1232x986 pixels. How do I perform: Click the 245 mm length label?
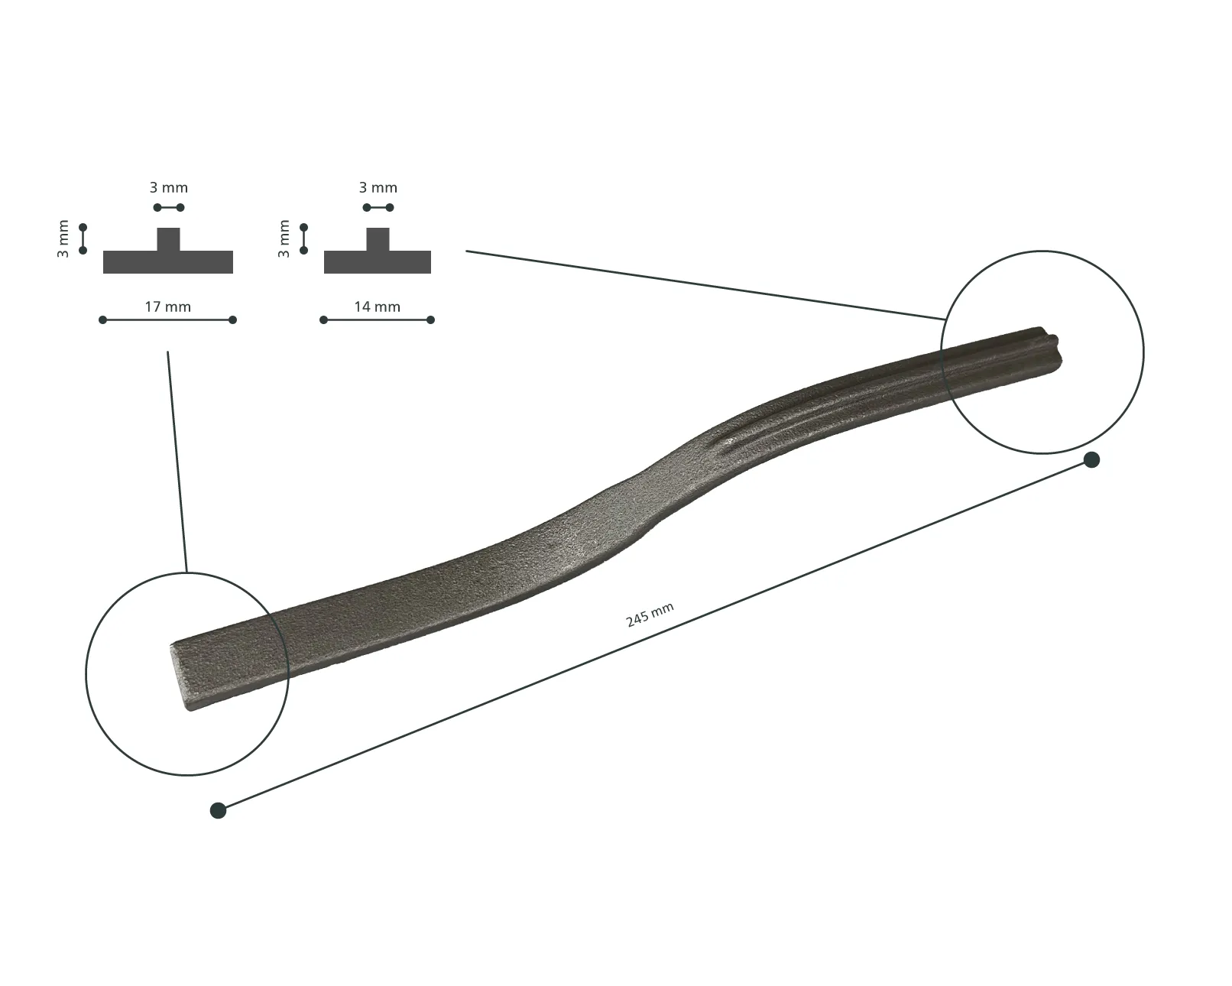[x=649, y=615]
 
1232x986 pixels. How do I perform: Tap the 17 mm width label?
[x=167, y=307]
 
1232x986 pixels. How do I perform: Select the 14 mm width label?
[x=378, y=307]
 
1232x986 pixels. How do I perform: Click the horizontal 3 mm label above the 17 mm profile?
[x=169, y=188]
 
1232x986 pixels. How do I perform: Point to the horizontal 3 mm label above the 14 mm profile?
[x=378, y=188]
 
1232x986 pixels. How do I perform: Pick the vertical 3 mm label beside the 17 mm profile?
[x=63, y=238]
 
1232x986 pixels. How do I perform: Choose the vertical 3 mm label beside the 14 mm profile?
[x=284, y=238]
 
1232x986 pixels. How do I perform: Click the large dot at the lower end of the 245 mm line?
[x=218, y=810]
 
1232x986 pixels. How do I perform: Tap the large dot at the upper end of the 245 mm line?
[x=1091, y=460]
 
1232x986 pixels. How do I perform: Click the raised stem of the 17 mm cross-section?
[x=168, y=239]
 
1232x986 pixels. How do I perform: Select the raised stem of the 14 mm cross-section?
[x=378, y=239]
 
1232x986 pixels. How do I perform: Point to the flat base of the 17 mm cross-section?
[x=167, y=262]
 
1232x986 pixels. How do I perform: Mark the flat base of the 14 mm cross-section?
[x=378, y=262]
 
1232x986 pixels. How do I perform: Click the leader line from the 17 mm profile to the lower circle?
[x=177, y=462]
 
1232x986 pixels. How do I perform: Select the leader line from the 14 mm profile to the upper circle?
[x=705, y=284]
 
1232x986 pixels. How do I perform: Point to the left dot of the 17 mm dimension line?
[x=103, y=320]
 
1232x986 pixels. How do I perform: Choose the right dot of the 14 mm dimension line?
[x=430, y=320]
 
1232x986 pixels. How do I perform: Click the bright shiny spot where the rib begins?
[x=729, y=440]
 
